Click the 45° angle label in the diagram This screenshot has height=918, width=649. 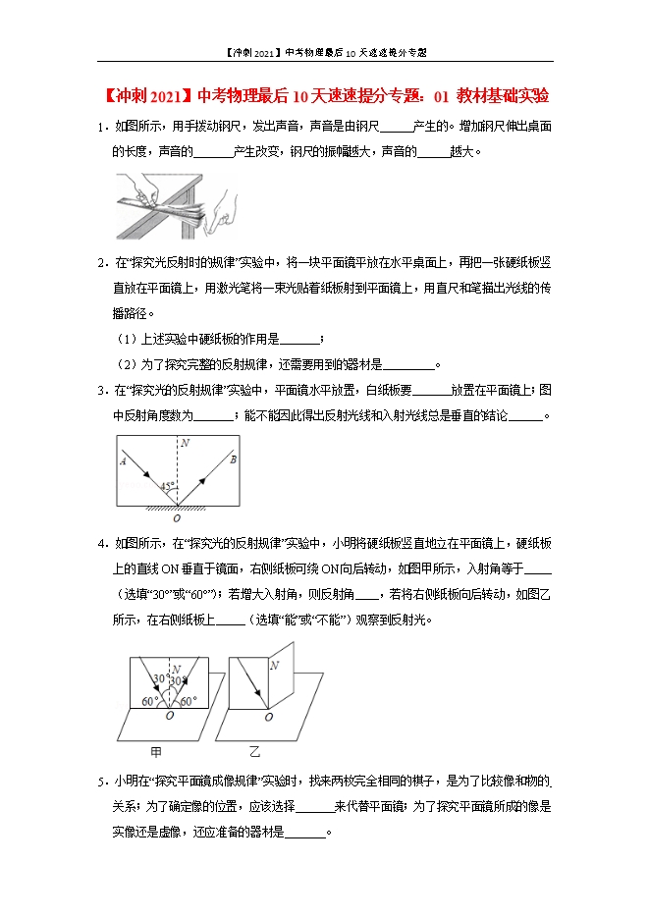coord(170,486)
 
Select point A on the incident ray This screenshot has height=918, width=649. coord(123,459)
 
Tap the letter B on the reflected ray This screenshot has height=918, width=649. coord(232,459)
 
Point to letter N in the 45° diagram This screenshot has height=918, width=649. coord(184,444)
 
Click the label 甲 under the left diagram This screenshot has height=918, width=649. coord(156,752)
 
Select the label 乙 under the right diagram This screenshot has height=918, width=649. coord(254,752)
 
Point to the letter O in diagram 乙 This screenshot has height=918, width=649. coord(268,718)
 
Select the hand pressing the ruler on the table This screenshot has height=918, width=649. coord(142,189)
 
